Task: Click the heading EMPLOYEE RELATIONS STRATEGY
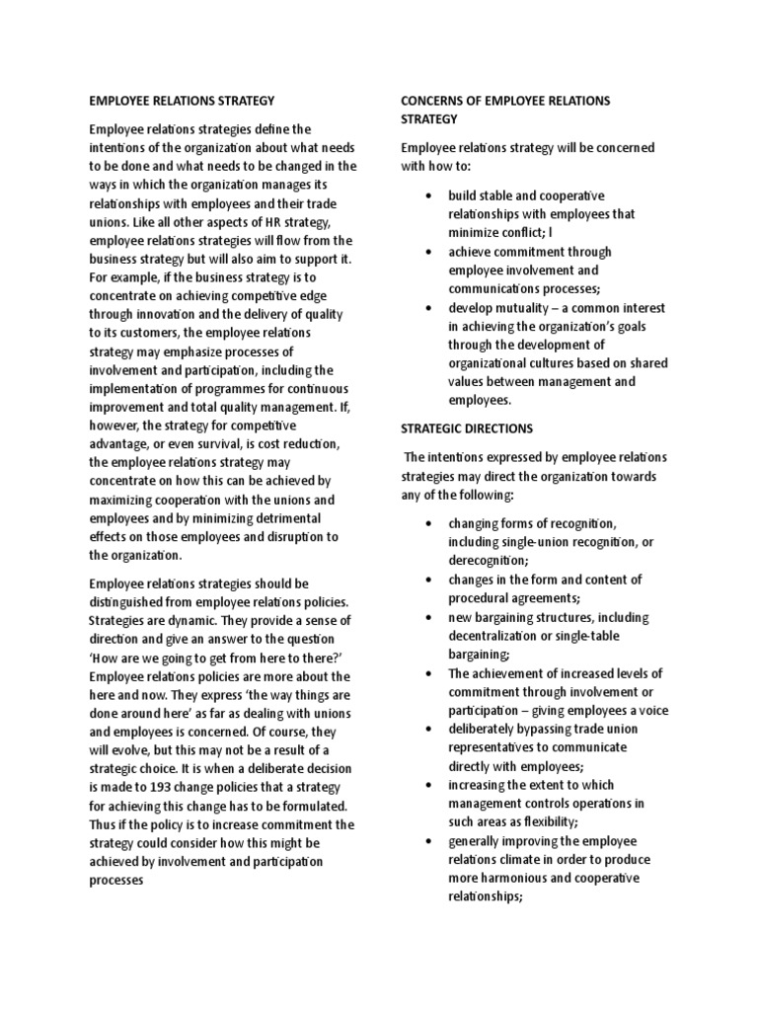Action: (x=181, y=101)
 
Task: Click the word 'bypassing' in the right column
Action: (x=549, y=729)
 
